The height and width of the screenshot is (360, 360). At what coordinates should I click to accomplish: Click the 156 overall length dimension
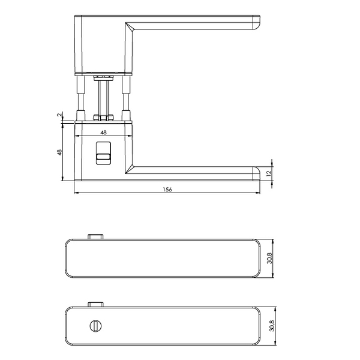(167, 190)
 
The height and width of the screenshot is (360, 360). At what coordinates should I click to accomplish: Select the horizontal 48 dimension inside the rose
(103, 133)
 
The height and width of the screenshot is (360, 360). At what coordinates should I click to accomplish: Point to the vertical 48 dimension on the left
(59, 152)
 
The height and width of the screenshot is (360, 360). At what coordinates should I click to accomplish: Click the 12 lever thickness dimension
(269, 172)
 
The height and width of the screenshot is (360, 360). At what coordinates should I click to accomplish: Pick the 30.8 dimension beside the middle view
(269, 258)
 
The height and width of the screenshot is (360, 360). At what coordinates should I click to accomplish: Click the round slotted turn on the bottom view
(95, 326)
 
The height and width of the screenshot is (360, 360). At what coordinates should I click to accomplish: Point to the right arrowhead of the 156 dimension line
(259, 193)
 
